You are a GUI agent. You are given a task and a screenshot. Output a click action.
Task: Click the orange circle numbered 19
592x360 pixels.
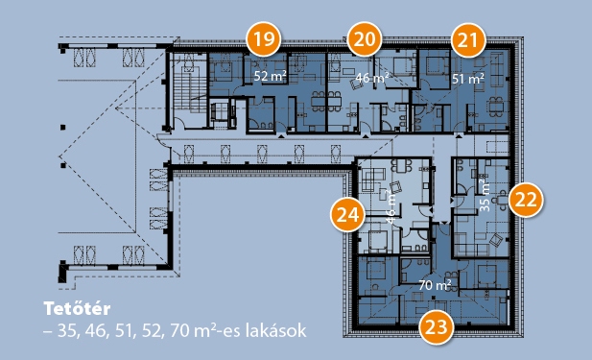(x=264, y=39)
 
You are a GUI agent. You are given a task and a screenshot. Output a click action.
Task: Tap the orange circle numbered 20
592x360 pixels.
(x=365, y=39)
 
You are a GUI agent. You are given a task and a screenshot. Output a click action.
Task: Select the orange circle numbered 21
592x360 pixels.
(x=468, y=40)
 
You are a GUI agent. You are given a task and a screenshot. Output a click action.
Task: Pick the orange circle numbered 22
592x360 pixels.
(x=526, y=200)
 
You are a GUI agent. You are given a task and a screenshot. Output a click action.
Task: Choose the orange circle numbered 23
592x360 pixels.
(x=436, y=326)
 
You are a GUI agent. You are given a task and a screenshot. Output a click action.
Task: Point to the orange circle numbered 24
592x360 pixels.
(x=347, y=215)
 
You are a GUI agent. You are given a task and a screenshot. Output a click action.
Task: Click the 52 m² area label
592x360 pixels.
(x=270, y=76)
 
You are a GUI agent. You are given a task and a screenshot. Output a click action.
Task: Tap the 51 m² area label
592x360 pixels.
(x=468, y=79)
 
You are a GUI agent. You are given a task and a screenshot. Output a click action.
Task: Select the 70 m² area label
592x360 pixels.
(x=435, y=285)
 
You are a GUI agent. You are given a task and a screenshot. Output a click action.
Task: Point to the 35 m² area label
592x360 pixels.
(x=485, y=195)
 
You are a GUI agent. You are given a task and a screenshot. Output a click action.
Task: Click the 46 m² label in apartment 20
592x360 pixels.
(x=372, y=78)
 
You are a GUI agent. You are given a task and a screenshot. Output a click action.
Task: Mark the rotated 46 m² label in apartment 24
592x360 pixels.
(x=391, y=206)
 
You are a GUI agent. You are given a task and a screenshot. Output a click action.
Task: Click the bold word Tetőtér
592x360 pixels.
(x=77, y=308)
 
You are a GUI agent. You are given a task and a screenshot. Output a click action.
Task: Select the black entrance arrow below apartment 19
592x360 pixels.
(x=281, y=135)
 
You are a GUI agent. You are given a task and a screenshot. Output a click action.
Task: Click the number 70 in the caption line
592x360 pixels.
(x=179, y=331)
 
